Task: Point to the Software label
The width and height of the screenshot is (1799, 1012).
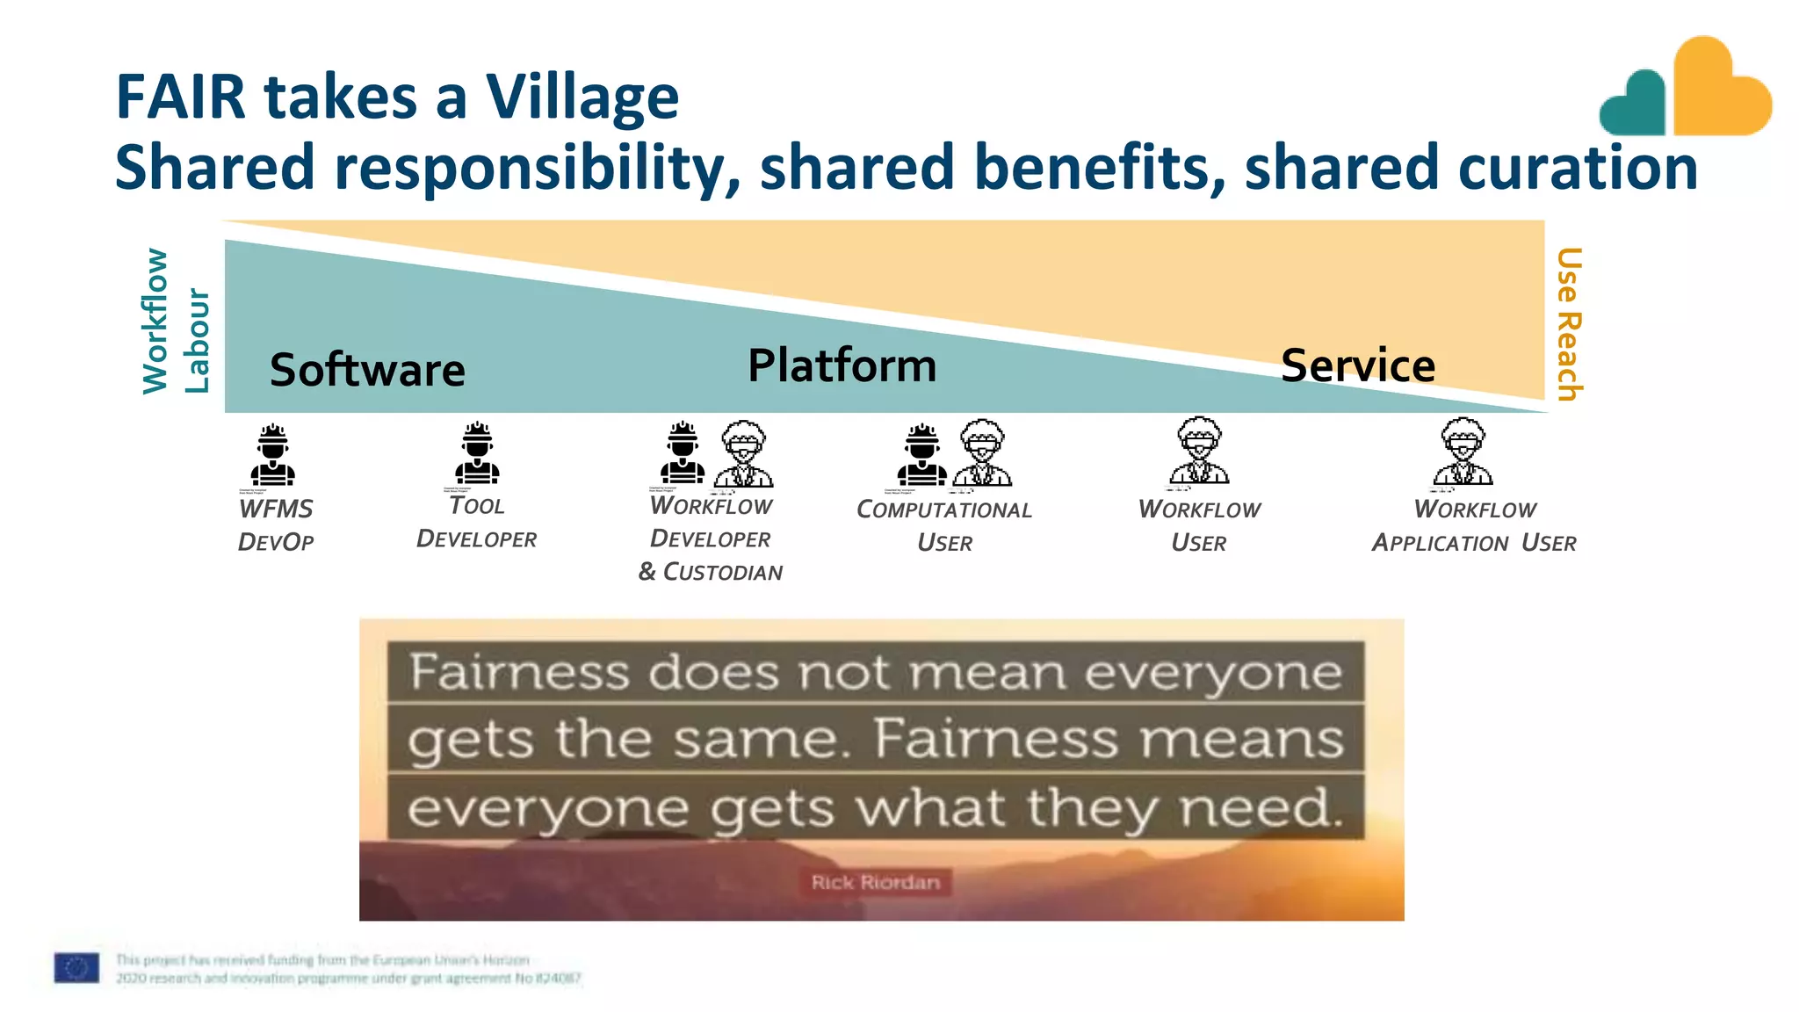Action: [x=367, y=370]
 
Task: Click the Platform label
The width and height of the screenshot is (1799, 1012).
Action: [x=842, y=365]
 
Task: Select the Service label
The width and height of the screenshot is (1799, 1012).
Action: [x=1358, y=365]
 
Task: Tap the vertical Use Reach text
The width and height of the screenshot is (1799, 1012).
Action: [x=1569, y=324]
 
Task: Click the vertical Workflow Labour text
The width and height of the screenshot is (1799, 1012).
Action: [x=175, y=322]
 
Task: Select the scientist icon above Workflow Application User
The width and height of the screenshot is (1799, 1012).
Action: [x=1463, y=452]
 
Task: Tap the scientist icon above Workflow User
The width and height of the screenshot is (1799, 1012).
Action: [x=1199, y=452]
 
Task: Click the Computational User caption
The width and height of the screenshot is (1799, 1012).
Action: [x=944, y=525]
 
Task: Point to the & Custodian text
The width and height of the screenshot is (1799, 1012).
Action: [x=710, y=572]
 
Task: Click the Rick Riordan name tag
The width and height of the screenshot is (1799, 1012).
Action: [x=875, y=882]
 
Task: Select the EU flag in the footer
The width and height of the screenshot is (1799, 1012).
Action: [x=76, y=967]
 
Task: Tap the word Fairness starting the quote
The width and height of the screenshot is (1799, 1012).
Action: [x=519, y=673]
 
